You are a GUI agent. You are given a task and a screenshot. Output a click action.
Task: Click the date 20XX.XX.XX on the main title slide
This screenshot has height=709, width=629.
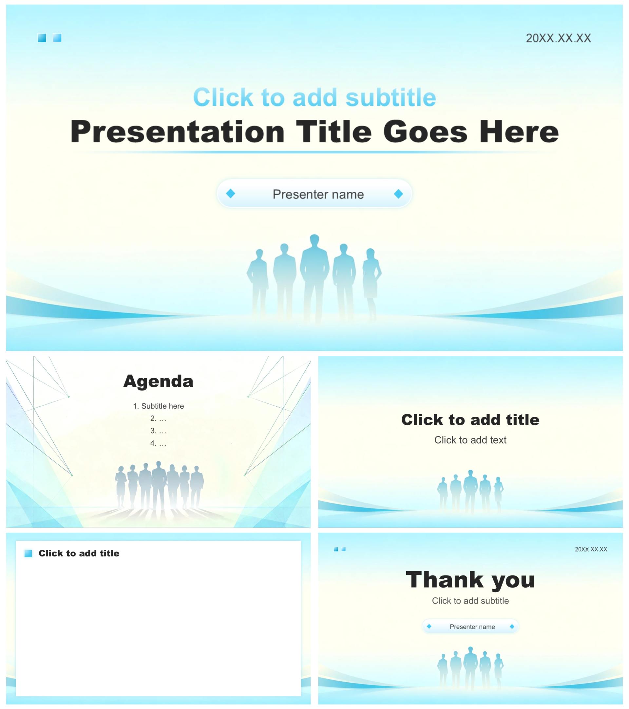pyautogui.click(x=558, y=38)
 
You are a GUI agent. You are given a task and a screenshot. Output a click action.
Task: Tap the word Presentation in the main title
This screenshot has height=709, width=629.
pyautogui.click(x=178, y=132)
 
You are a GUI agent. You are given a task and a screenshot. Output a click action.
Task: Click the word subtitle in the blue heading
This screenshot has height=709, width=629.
pyautogui.click(x=391, y=97)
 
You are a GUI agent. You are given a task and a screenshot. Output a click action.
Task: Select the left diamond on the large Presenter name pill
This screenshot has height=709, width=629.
pyautogui.click(x=231, y=193)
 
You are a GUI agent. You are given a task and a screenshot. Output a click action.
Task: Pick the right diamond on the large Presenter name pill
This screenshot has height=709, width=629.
pyautogui.click(x=398, y=194)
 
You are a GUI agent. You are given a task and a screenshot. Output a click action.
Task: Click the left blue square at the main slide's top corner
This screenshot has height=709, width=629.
pyautogui.click(x=42, y=38)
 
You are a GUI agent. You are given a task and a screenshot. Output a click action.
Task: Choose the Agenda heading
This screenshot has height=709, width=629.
pyautogui.click(x=158, y=381)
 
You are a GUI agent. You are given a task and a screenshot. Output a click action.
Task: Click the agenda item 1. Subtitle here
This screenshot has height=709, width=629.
pyautogui.click(x=158, y=406)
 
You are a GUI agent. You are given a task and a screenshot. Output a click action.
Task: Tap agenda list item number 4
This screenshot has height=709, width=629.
pyautogui.click(x=158, y=443)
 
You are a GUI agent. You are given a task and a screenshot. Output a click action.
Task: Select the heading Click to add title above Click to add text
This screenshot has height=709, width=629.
pyautogui.click(x=470, y=420)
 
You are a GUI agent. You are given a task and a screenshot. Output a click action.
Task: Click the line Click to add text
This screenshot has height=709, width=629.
pyautogui.click(x=470, y=440)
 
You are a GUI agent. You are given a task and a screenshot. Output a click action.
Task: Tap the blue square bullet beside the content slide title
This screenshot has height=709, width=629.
pyautogui.click(x=28, y=553)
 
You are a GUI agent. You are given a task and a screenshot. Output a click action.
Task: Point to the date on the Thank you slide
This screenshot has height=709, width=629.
pyautogui.click(x=591, y=549)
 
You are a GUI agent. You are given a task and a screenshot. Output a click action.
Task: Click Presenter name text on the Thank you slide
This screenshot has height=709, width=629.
pyautogui.click(x=472, y=627)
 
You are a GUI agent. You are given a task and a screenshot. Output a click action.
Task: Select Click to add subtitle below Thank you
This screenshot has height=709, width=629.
pyautogui.click(x=470, y=601)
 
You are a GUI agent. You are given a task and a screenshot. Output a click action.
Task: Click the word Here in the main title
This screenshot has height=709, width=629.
pyautogui.click(x=519, y=132)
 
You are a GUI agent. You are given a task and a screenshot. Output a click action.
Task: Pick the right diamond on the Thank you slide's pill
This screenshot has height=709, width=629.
pyautogui.click(x=512, y=627)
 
